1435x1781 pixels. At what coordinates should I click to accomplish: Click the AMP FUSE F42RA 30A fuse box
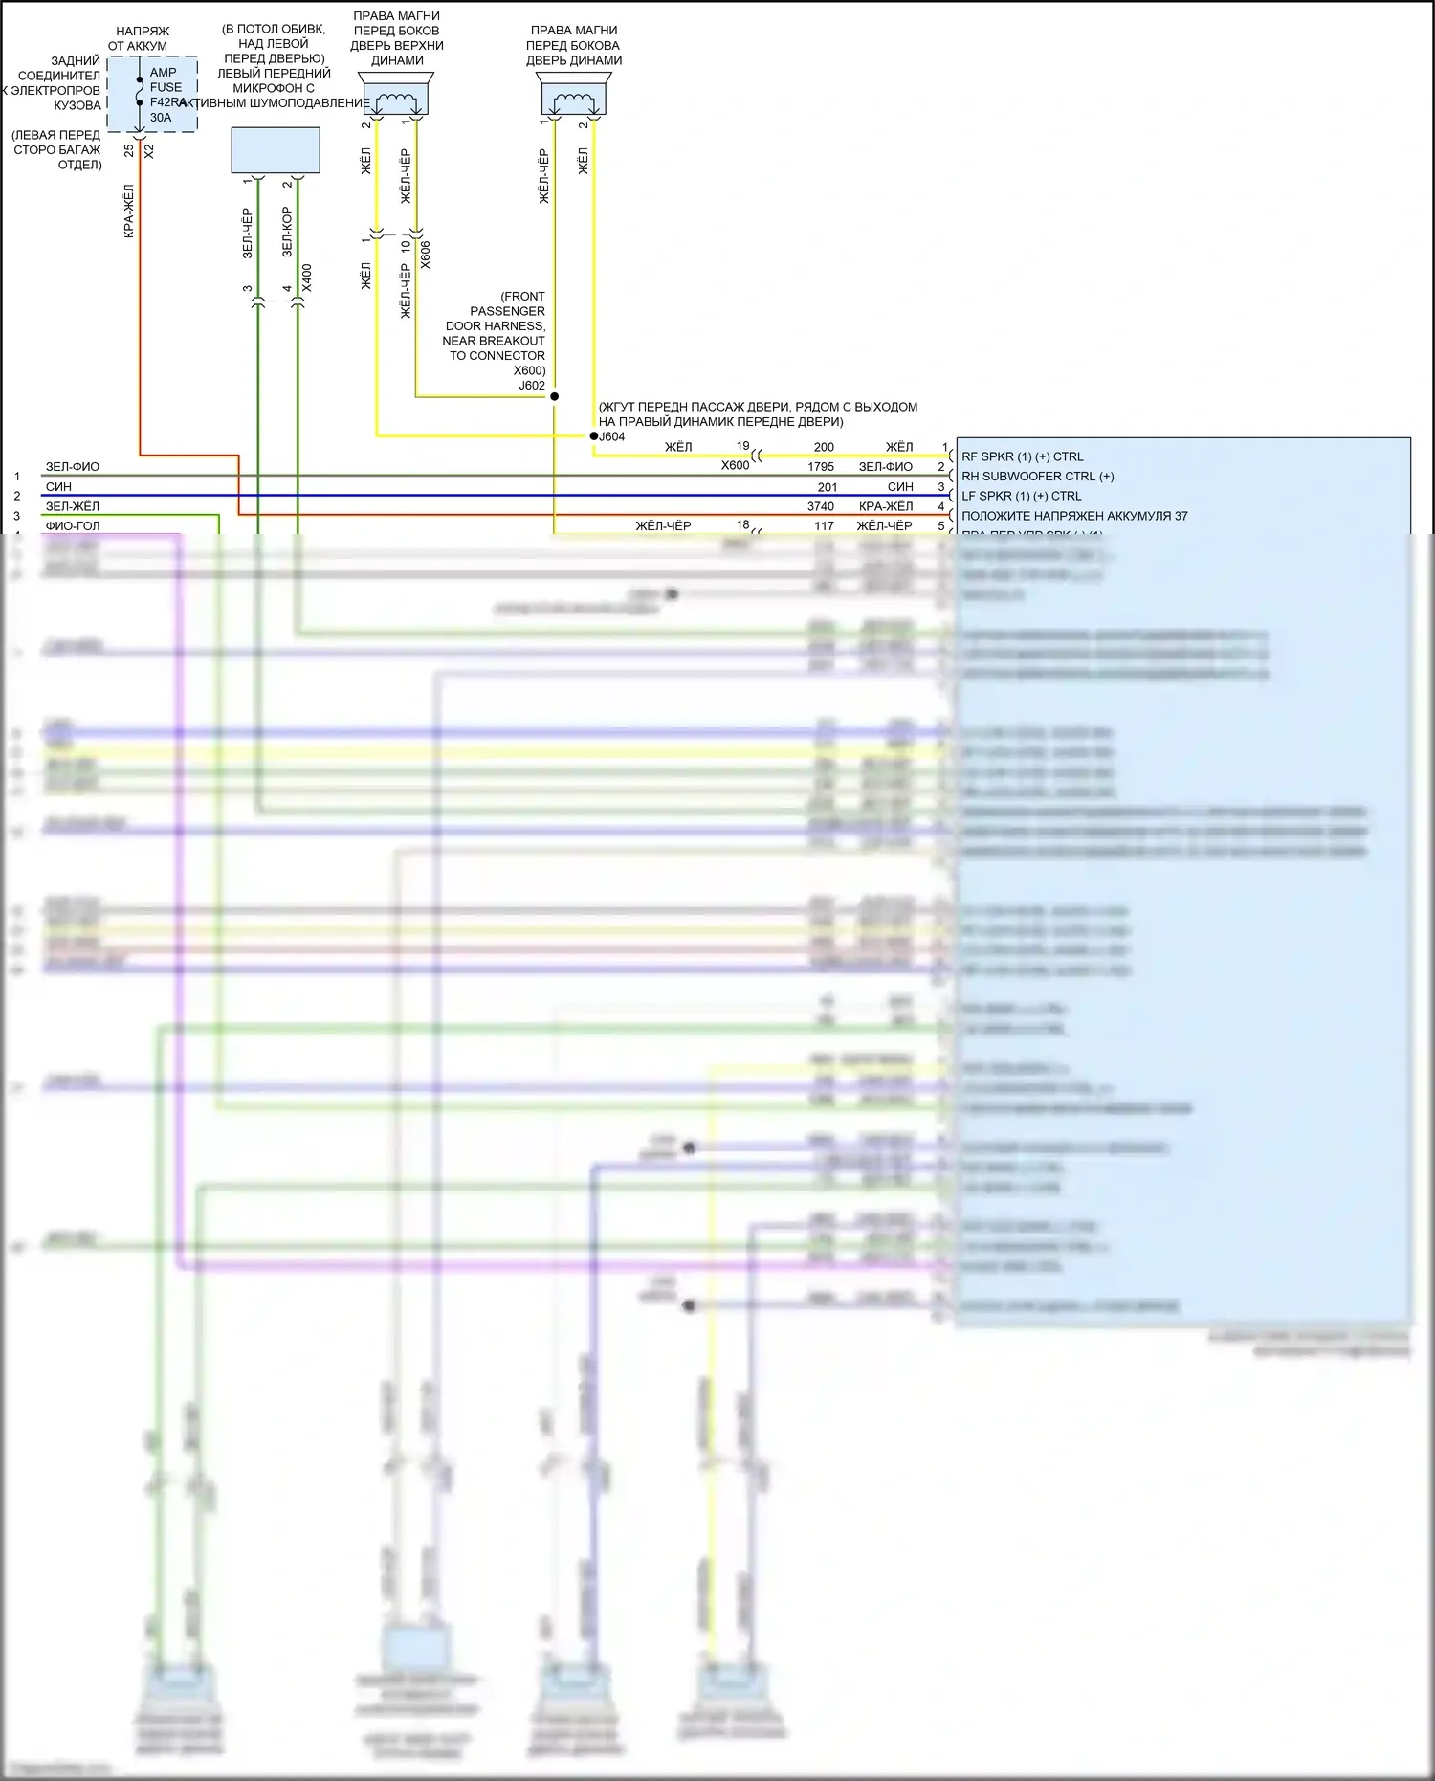pos(152,94)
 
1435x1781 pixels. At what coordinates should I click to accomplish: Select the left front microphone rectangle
pos(276,150)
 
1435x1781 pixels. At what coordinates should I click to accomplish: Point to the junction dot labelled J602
pos(554,396)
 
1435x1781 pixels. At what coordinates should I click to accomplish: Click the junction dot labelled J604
pos(593,436)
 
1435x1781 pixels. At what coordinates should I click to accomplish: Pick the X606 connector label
pos(426,255)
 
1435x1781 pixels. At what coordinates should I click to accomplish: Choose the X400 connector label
pos(306,278)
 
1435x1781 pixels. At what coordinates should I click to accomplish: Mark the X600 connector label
pos(735,466)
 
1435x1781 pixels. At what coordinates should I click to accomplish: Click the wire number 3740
pos(820,506)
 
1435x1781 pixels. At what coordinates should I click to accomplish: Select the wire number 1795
pos(820,467)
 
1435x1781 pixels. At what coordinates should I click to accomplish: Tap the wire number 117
pos(824,525)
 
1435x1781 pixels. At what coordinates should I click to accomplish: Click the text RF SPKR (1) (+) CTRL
pos(1022,456)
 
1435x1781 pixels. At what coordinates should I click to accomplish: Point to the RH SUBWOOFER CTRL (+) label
pos(1037,477)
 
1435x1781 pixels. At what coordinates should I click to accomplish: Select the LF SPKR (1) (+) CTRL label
pos(1021,496)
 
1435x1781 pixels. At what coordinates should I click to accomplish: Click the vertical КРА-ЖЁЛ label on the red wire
pos(129,211)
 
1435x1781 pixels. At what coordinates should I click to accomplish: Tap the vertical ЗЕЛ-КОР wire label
pos(287,233)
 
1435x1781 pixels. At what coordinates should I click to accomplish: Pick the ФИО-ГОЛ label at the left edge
pos(73,525)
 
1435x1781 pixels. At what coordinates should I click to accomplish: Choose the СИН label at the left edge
pos(58,486)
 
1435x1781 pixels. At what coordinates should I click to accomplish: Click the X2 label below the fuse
pos(148,151)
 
